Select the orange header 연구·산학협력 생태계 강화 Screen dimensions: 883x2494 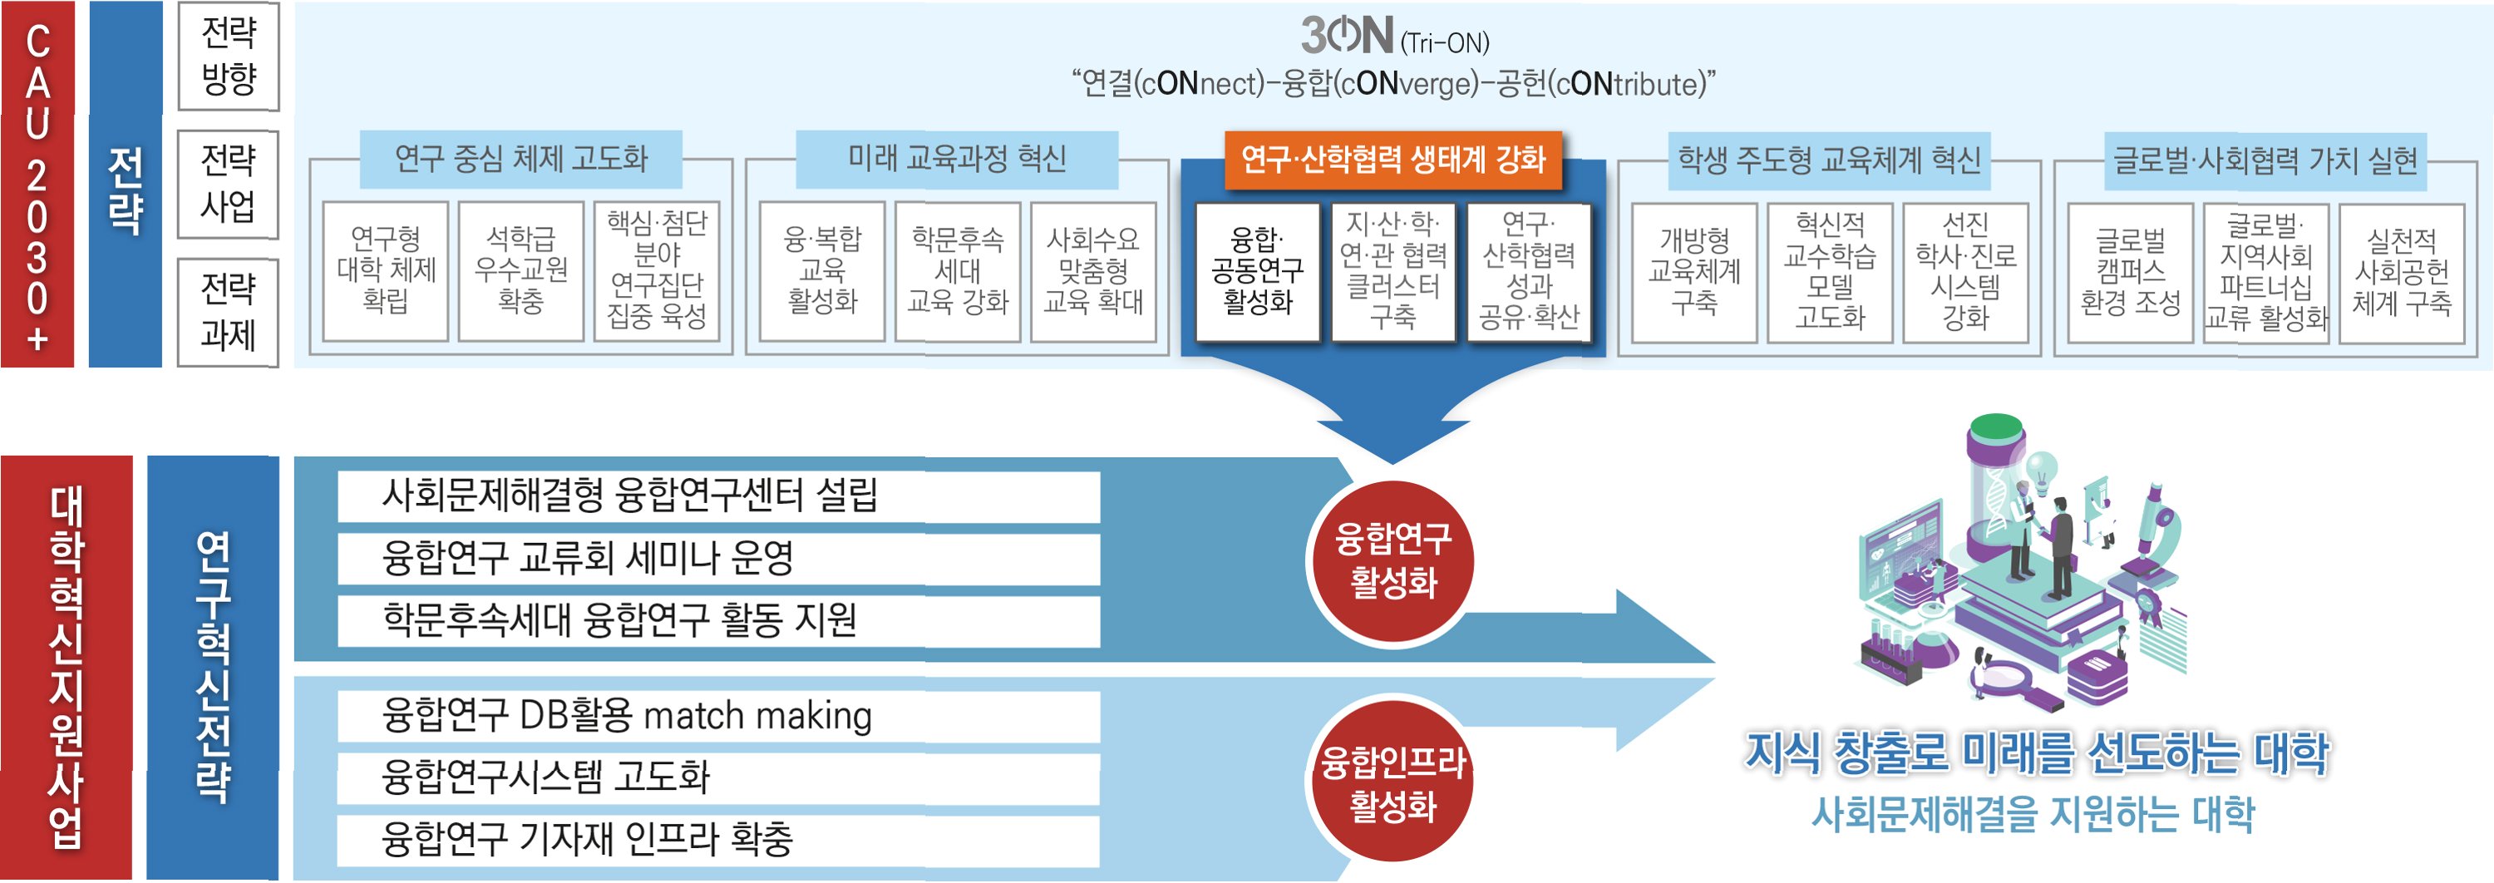1393,160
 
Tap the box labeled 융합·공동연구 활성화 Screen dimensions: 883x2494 1257,271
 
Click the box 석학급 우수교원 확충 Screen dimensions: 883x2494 521,270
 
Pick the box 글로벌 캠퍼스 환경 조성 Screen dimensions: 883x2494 2130,272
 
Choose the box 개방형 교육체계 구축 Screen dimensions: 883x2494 1693,272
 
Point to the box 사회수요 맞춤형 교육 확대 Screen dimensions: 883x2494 1093,271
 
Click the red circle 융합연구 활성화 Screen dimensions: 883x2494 1392,560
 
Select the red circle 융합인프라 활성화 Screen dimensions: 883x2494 1392,783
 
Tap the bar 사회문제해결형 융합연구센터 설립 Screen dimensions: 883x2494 718,496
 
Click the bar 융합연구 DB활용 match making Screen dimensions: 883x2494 718,716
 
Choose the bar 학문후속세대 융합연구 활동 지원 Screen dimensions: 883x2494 718,620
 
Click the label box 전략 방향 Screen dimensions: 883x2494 229,57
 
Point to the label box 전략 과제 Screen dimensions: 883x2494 229,312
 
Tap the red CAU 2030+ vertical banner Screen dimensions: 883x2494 37,184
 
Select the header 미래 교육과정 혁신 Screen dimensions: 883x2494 957,159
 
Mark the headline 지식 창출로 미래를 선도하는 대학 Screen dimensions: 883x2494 2037,753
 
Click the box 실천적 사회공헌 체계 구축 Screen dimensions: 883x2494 2401,272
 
